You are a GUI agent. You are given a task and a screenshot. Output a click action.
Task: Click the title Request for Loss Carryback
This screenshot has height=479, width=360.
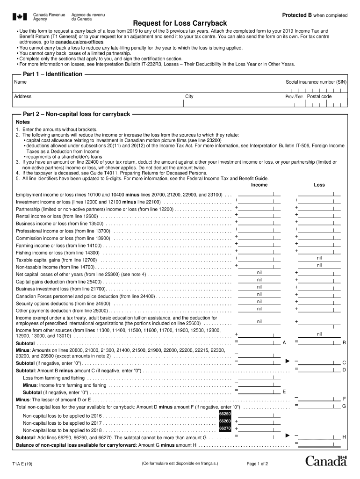180,23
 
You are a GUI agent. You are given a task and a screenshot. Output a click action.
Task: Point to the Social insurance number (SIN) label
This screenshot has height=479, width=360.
316,82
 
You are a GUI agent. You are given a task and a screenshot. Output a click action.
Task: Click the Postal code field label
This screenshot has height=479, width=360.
319,96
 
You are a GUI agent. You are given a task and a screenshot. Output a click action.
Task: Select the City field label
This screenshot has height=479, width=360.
189,97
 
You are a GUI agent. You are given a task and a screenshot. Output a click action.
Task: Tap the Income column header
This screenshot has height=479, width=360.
259,185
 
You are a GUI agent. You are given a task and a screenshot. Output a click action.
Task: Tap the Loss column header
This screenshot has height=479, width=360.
319,185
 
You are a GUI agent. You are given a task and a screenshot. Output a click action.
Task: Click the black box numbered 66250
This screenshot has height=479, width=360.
225,414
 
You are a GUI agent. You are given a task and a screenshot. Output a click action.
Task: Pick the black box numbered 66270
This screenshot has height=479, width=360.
225,428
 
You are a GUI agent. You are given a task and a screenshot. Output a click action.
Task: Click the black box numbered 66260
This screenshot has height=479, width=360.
225,421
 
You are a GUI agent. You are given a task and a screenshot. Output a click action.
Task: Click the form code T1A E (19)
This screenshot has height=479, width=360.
22,464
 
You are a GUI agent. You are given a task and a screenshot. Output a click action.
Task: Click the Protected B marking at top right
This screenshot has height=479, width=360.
315,15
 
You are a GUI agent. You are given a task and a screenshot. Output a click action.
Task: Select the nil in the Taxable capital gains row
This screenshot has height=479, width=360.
319,258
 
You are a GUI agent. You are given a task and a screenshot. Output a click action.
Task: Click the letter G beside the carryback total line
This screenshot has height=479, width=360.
344,406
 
